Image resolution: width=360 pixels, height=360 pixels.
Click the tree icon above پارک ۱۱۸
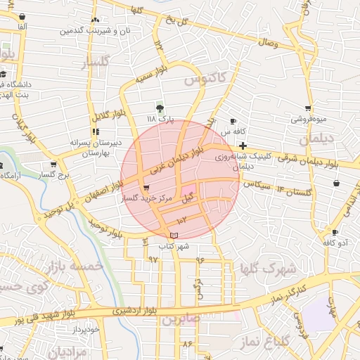tap(160, 108)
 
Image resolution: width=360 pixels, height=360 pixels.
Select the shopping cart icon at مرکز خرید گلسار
tap(146, 188)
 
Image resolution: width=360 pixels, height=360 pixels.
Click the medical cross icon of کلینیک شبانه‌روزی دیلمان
tap(243, 146)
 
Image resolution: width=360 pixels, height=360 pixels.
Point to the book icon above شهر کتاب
tap(174, 235)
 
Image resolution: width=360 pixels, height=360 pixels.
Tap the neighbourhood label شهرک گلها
tap(262, 268)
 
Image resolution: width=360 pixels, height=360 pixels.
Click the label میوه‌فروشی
tap(309, 119)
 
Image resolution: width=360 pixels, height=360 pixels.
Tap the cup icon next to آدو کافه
tap(335, 232)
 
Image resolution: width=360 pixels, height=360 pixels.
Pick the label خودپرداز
tap(87, 328)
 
